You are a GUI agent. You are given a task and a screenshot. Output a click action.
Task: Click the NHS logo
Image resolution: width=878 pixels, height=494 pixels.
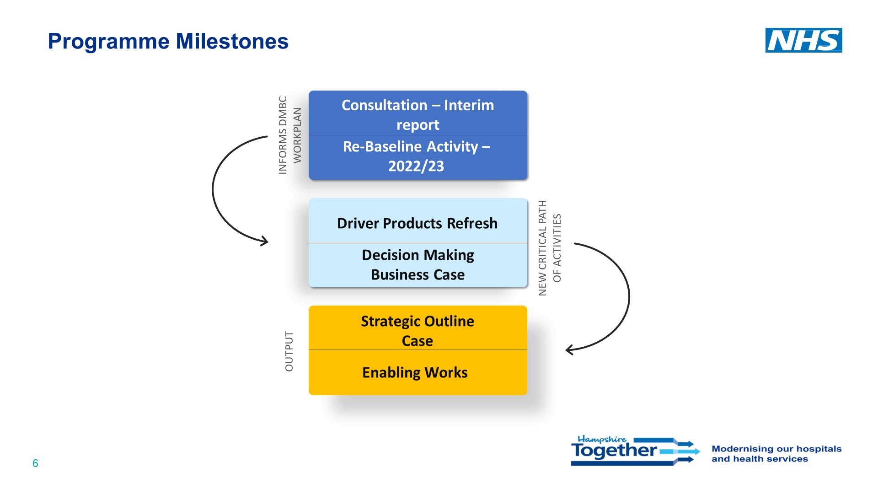coord(803,40)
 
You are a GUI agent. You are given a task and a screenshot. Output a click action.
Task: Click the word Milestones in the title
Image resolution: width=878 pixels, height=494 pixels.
coord(232,41)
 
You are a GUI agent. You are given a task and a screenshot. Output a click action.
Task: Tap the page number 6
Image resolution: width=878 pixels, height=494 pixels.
coord(35,463)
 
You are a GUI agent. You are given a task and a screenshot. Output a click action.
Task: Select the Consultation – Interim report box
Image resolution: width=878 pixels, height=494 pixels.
coord(418,114)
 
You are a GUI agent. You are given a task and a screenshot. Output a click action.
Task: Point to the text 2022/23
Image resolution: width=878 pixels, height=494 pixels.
coord(416,166)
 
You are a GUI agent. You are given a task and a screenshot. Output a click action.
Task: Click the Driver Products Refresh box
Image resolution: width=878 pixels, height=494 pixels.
coord(418,223)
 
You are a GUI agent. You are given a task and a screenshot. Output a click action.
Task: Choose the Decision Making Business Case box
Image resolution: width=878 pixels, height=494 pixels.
coord(418,264)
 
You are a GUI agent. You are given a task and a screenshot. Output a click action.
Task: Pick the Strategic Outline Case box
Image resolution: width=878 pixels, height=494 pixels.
coord(418,330)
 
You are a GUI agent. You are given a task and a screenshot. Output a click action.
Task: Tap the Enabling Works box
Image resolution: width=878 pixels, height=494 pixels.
coord(415,372)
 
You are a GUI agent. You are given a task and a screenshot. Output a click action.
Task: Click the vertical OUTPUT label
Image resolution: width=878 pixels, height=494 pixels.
coord(289,351)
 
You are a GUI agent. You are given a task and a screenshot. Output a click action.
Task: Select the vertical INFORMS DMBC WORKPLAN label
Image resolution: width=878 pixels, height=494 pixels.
coord(290,135)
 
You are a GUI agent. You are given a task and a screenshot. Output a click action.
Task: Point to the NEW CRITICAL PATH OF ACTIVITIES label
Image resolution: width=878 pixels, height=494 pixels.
coord(549,248)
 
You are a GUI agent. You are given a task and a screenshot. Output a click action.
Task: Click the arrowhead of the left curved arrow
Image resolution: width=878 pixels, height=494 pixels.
coord(264,241)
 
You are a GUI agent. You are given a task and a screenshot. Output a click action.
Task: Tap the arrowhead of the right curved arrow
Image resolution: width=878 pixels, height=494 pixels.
coord(570,350)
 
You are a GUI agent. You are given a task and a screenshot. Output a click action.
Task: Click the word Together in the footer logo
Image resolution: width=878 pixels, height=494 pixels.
coord(614,451)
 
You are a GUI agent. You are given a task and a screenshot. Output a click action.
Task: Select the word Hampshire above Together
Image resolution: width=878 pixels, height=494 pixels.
coord(601,439)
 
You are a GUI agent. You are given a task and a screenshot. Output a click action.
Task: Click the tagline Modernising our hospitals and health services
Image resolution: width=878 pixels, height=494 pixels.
coord(776,454)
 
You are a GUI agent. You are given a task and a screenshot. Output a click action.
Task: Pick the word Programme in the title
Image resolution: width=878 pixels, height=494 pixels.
coord(109,41)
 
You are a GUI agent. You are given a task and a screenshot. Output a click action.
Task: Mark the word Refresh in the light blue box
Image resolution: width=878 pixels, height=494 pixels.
coord(472,223)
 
